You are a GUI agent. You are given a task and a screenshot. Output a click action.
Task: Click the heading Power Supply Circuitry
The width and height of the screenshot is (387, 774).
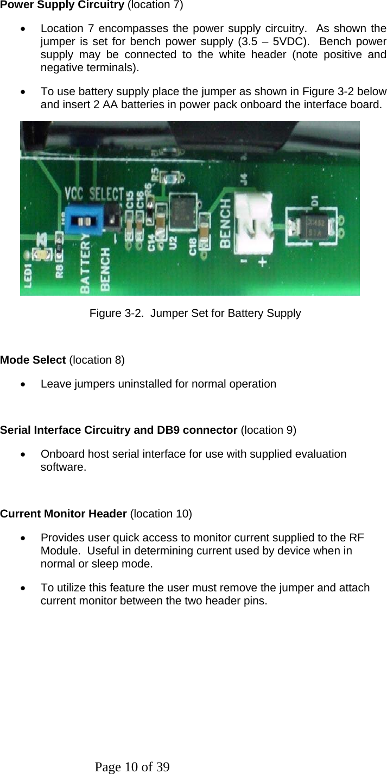pyautogui.click(x=62, y=5)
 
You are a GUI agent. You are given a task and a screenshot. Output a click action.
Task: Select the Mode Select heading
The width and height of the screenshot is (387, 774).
pyautogui.click(x=33, y=360)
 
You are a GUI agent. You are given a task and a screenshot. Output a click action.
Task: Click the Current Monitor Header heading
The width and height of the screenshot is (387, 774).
pyautogui.click(x=64, y=514)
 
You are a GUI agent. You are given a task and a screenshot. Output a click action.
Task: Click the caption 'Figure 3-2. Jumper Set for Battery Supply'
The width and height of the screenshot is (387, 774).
pyautogui.click(x=195, y=314)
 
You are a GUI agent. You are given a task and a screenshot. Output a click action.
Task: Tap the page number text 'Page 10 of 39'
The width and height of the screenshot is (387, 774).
pyautogui.click(x=132, y=767)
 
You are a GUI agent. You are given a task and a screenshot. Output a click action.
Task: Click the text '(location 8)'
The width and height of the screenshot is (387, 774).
pyautogui.click(x=98, y=360)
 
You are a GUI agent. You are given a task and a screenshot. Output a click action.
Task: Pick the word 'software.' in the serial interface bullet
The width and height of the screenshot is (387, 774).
pyautogui.click(x=63, y=467)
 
